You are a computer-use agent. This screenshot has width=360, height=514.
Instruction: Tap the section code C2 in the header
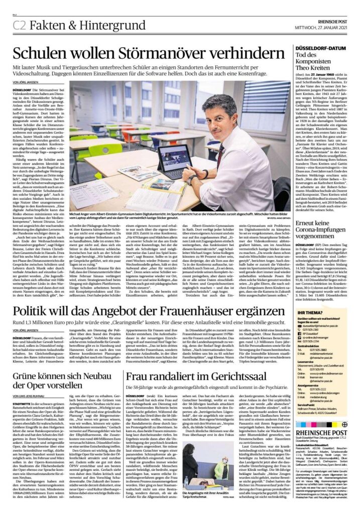tap(20, 25)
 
